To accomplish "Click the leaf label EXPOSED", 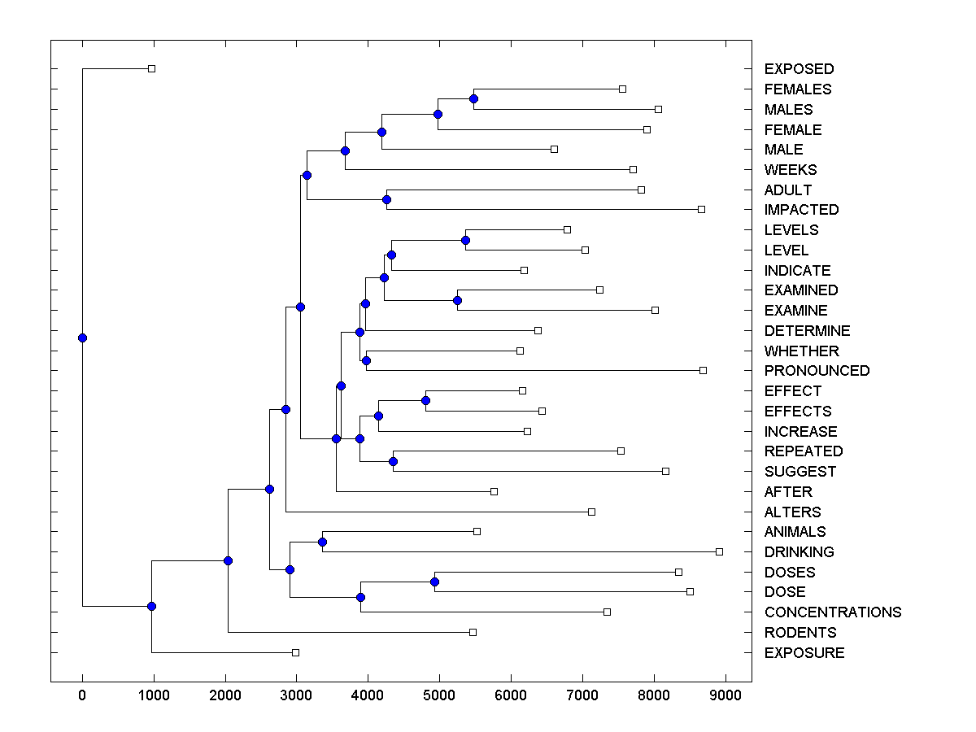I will [x=799, y=69].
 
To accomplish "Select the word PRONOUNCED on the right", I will [x=817, y=371].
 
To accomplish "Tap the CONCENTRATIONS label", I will [x=833, y=612].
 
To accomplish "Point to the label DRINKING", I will [x=799, y=552].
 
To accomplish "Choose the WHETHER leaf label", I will [x=801, y=351].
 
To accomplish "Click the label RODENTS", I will [x=800, y=633].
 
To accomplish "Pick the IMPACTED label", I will [x=801, y=210].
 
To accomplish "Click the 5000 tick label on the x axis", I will [x=439, y=695].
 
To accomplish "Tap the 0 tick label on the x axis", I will [x=82, y=695].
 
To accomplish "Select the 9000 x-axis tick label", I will [x=725, y=695].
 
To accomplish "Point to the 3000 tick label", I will [x=296, y=695].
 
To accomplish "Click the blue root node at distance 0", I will [x=82, y=338].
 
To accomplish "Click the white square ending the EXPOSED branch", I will [x=151, y=69].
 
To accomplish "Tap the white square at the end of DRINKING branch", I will [x=719, y=551].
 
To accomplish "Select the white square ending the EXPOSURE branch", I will [x=295, y=652].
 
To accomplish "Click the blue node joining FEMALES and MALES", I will [x=474, y=98].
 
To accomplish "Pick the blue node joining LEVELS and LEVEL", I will [x=466, y=240].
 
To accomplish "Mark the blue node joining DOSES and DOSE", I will [x=434, y=582].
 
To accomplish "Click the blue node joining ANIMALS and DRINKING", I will [x=322, y=542].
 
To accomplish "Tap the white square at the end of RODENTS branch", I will [x=473, y=632].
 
